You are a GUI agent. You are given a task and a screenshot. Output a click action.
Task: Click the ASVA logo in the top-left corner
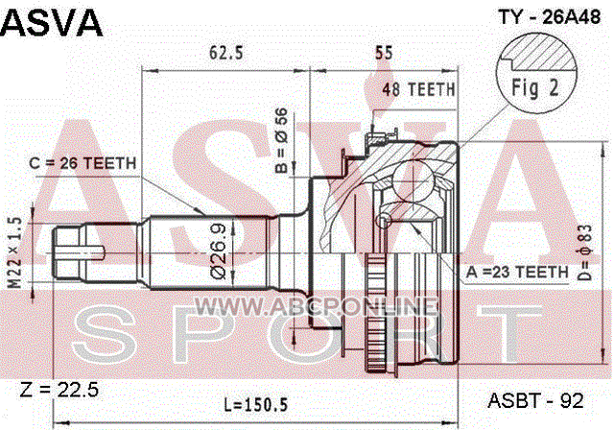pos(51,23)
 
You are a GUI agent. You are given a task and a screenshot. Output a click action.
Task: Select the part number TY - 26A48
pos(549,17)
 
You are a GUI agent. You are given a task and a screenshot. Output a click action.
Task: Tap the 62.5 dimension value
pos(226,53)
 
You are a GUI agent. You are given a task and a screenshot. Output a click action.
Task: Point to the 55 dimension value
pos(384,53)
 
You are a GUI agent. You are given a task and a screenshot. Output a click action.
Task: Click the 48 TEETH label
pos(418,89)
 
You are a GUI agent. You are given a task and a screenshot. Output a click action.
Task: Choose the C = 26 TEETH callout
pos(83,163)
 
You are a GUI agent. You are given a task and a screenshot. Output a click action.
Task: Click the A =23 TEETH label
pos(517,272)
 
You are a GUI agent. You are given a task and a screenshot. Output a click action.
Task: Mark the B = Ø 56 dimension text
pos(281,140)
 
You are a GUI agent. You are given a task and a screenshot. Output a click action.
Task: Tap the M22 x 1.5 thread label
pos(15,252)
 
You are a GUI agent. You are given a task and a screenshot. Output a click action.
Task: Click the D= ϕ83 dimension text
pos(585,252)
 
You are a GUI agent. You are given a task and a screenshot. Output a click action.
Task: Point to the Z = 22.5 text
pos(59,390)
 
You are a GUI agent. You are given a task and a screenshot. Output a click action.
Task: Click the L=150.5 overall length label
pos(256,404)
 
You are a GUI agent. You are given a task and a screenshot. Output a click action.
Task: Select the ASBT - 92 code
pos(535,400)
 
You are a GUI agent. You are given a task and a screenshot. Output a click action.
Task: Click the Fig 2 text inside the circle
pos(535,87)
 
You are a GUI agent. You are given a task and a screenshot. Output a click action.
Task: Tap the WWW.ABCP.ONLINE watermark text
pos(316,306)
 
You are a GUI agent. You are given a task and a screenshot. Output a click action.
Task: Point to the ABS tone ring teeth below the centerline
pos(375,312)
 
